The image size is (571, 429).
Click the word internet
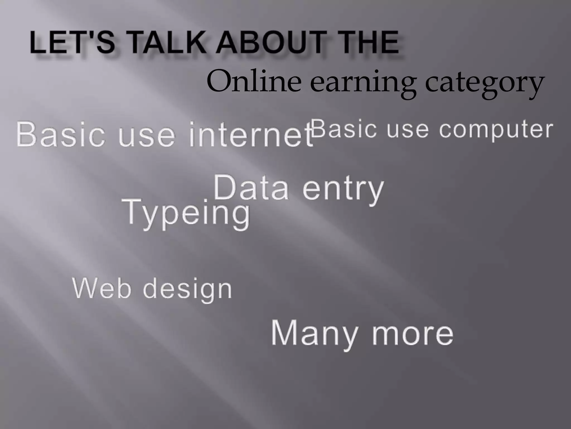click(251, 135)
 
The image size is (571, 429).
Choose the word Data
click(251, 188)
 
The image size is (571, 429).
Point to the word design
click(187, 289)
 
